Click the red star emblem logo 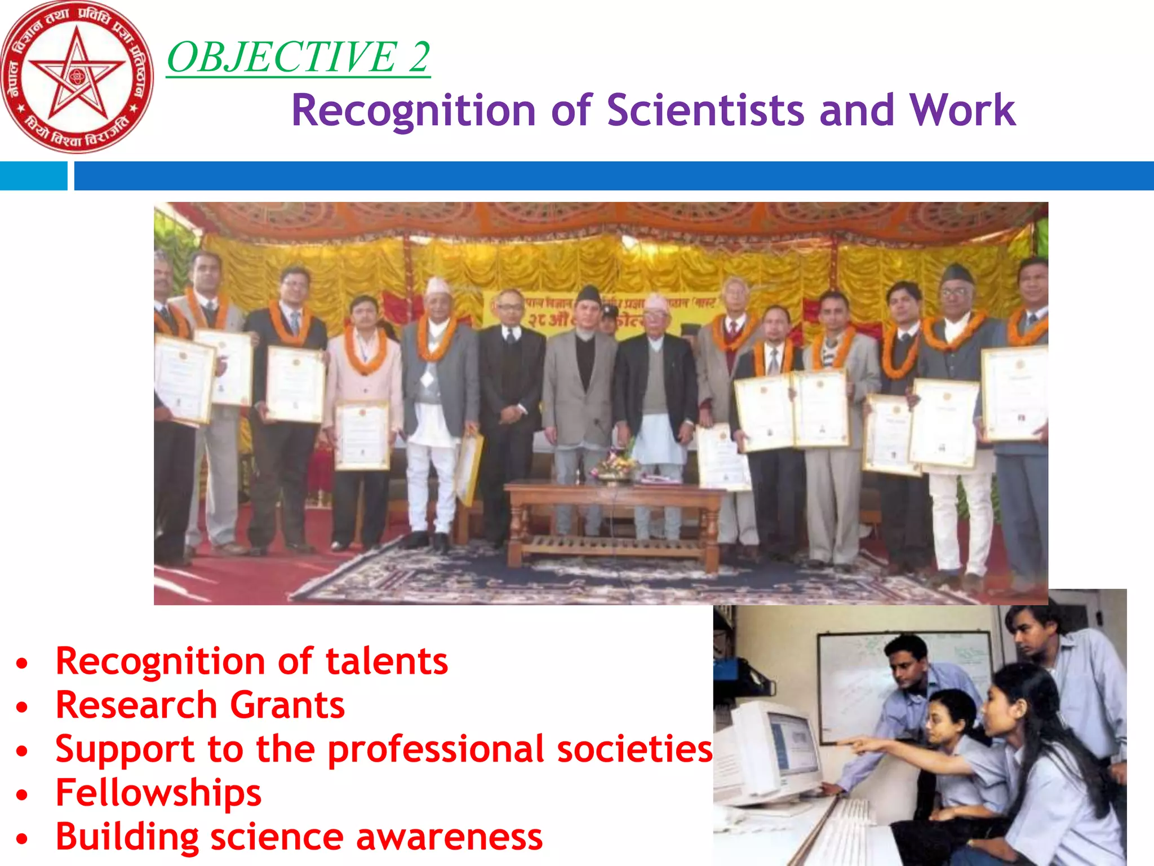coord(77,77)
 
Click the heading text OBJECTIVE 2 coord(299,57)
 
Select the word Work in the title coord(962,110)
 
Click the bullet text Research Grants coord(200,705)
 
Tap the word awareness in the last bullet coord(449,837)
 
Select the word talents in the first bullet coord(387,661)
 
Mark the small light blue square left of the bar coord(33,176)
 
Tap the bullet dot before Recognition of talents coord(22,663)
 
